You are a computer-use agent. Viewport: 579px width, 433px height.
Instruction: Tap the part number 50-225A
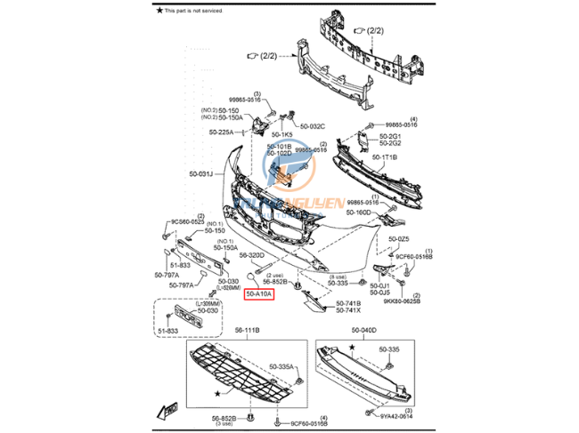(222, 132)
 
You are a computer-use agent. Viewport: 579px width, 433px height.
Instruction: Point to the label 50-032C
(313, 126)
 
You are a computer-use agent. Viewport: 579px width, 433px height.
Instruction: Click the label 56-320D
(252, 254)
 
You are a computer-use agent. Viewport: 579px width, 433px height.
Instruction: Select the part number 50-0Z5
(398, 238)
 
